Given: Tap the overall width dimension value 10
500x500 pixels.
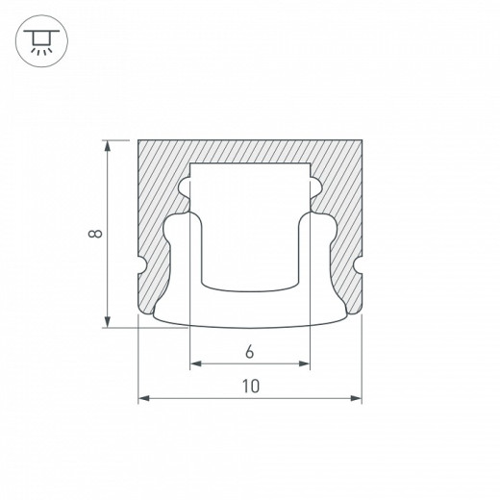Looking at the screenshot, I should pyautogui.click(x=250, y=387).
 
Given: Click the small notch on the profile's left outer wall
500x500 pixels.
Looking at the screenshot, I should pyautogui.click(x=142, y=262).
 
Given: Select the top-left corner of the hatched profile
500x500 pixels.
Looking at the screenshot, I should pyautogui.click(x=141, y=141).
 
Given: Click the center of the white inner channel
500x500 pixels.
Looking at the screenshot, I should pyautogui.click(x=250, y=231).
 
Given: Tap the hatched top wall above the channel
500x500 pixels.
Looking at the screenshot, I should pyautogui.click(x=250, y=152).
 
